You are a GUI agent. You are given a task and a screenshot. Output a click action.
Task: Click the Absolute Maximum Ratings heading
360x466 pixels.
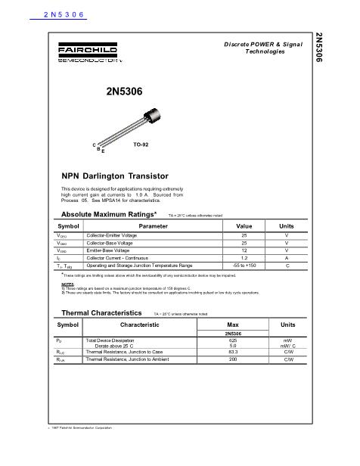tap(108, 215)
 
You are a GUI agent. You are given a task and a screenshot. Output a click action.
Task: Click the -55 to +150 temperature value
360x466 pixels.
tap(244, 266)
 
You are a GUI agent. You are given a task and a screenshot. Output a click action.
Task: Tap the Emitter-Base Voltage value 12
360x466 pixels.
tap(244, 250)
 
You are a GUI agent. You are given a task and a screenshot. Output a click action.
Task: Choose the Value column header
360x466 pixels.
tap(244, 225)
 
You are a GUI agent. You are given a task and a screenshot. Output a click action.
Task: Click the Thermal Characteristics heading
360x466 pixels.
tap(101, 312)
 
